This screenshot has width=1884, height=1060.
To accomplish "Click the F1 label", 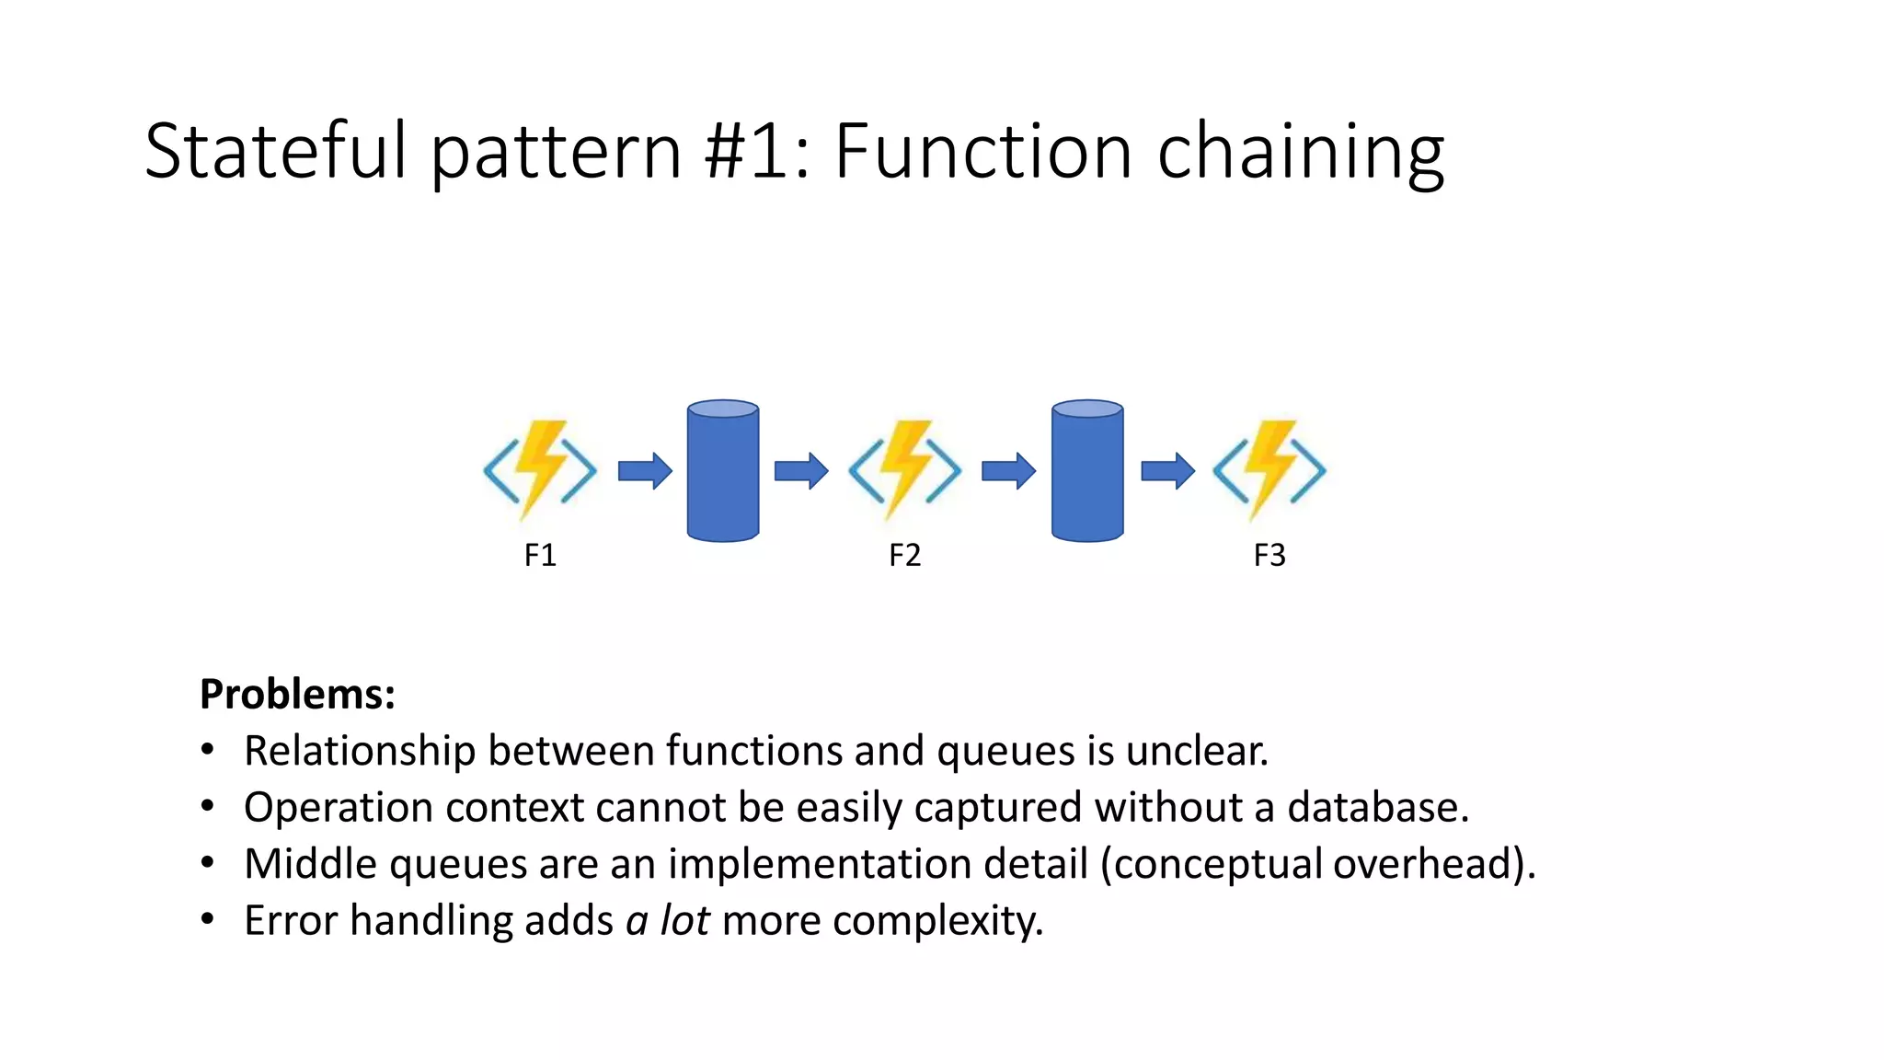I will [540, 555].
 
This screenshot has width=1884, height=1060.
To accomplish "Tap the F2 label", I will [904, 555].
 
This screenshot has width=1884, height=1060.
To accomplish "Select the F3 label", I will [1269, 555].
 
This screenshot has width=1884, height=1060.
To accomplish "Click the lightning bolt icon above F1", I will [540, 470].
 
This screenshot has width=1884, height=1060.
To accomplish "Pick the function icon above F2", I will [904, 470].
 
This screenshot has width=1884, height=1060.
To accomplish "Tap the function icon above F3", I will [1269, 470].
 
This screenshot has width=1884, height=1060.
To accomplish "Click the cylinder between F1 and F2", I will [723, 471].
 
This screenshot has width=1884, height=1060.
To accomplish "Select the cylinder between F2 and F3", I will [1087, 471].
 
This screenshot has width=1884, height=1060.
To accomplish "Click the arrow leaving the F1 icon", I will [645, 471].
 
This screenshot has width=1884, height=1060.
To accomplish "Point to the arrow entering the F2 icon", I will [801, 471].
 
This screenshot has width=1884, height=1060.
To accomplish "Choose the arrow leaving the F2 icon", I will [1009, 471].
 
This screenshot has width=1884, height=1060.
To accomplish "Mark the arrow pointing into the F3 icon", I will [1167, 471].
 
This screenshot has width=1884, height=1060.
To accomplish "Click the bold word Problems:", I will [297, 694].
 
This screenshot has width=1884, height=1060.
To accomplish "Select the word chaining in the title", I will [1301, 152].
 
